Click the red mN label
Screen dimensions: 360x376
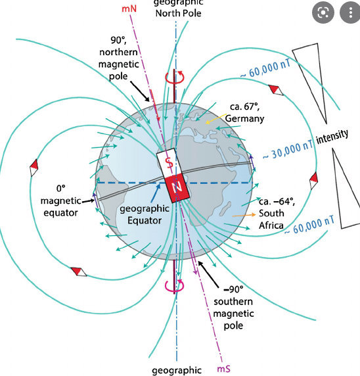click(129, 9)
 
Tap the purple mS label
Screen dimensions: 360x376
click(223, 369)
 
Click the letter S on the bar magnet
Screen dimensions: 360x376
click(169, 162)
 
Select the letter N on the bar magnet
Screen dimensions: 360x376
click(177, 187)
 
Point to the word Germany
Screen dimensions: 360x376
click(244, 118)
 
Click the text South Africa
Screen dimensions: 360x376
click(271, 219)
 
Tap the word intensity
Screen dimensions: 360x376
click(332, 137)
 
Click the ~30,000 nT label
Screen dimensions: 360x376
click(288, 151)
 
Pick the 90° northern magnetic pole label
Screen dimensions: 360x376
click(118, 58)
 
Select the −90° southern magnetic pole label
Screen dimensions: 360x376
click(233, 308)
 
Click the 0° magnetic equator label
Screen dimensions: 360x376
click(60, 200)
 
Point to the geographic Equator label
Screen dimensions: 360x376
click(145, 214)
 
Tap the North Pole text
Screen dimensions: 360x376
click(178, 13)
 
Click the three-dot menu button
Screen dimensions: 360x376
click(350, 12)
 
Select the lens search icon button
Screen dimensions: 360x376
click(323, 12)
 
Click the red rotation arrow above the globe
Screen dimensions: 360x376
click(175, 77)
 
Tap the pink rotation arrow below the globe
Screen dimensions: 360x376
click(175, 286)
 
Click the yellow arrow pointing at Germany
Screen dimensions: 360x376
click(216, 119)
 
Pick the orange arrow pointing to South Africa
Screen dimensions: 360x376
click(244, 216)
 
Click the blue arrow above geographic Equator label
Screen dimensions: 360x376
click(156, 193)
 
